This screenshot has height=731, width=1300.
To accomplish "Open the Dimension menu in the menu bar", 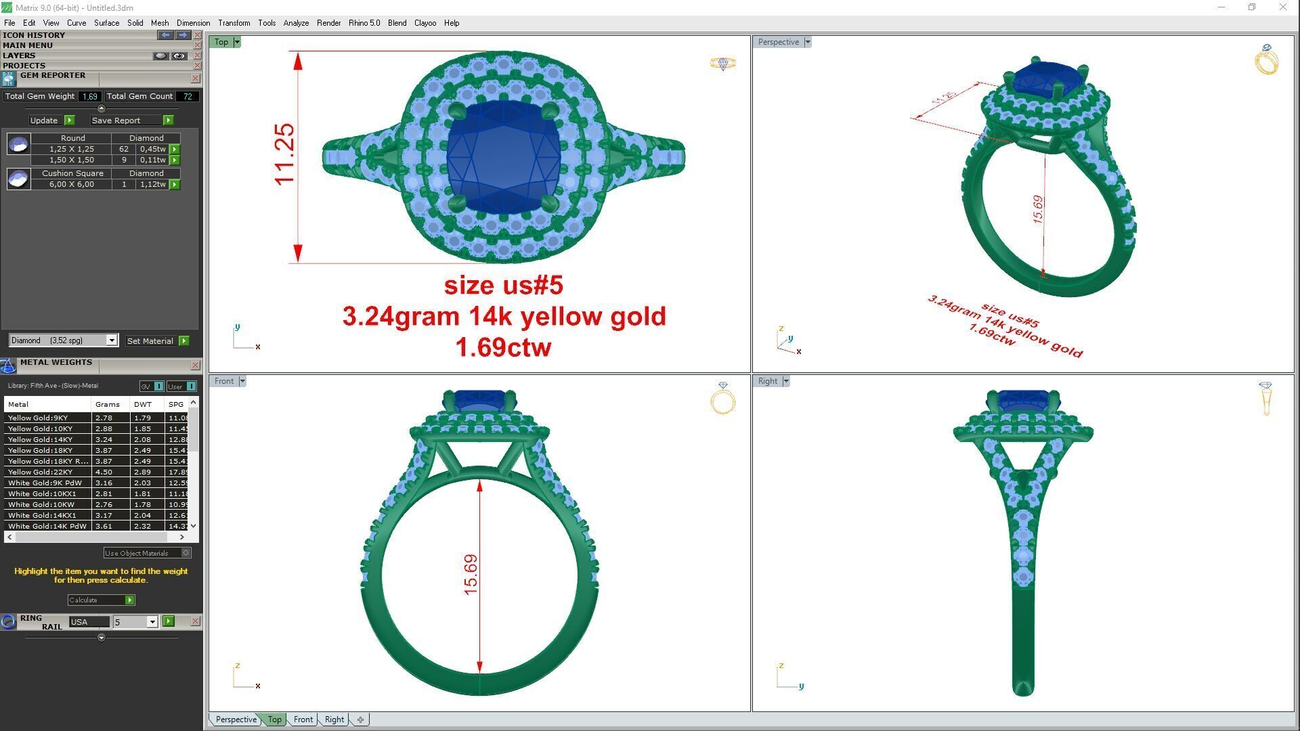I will pos(193,23).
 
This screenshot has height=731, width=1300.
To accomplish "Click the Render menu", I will pos(328,23).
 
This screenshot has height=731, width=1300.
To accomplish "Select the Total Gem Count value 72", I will pos(188,96).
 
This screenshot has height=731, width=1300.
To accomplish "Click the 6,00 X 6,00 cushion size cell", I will pos(71,184).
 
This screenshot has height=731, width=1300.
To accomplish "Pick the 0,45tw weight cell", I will pos(152,149).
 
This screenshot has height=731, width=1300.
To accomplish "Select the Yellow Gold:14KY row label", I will pos(41,439).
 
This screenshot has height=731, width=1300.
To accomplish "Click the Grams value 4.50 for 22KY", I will pos(104,472).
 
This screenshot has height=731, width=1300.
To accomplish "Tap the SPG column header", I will pos(176,404).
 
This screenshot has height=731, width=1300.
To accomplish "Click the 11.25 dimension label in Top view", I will pos(284,154).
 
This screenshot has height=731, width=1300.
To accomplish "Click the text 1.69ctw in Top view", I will pos(503,347).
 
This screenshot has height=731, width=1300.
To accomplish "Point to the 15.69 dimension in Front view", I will pos(471,575).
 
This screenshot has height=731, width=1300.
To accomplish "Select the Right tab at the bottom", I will pos(334,719).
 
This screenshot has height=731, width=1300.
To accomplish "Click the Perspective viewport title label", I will pos(778,42).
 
